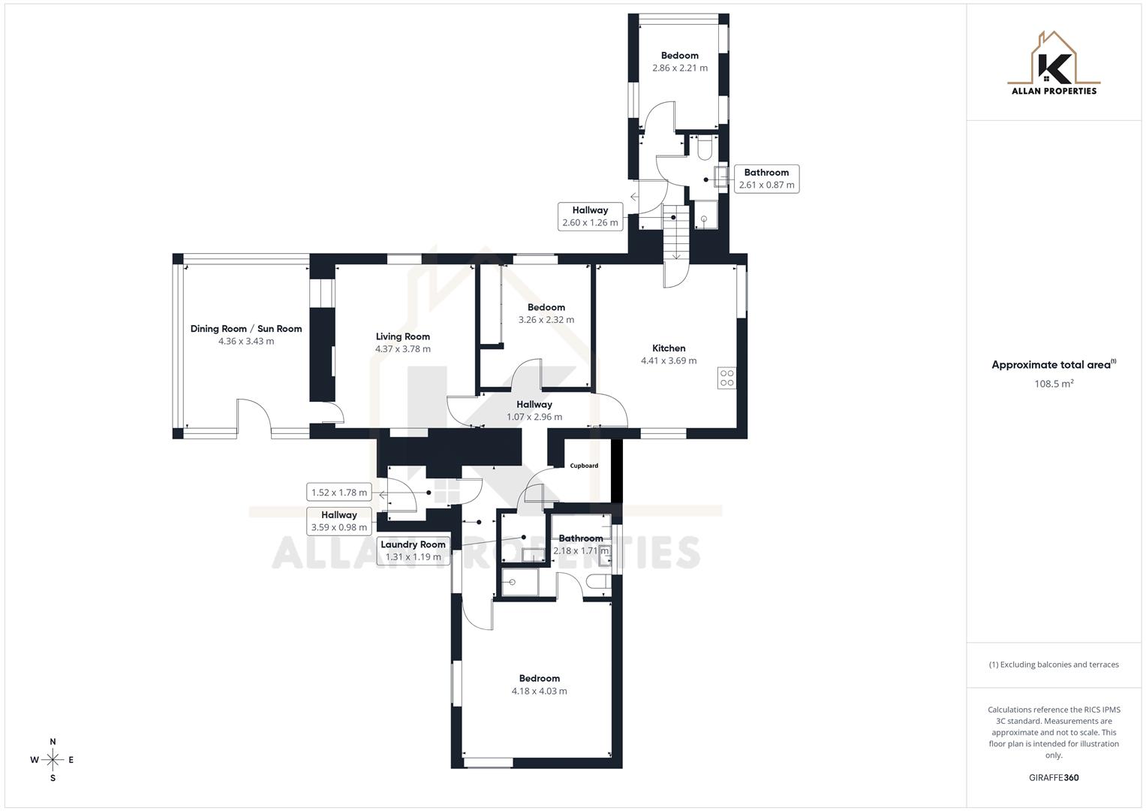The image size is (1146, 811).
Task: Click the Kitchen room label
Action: coord(668,348)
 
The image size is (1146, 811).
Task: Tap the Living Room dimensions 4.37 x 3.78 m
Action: coord(403,349)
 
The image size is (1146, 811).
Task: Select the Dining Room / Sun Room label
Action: coord(246,329)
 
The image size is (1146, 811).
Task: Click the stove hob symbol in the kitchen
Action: coord(726,378)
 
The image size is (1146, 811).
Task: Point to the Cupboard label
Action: coord(584,466)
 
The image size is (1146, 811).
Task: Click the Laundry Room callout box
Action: coord(413,550)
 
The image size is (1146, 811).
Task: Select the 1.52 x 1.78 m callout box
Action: coord(339,493)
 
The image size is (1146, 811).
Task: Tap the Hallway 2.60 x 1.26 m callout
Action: coord(590,216)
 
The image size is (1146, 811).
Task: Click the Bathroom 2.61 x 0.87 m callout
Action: coord(766,179)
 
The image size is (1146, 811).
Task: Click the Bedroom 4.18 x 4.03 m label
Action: coord(539,679)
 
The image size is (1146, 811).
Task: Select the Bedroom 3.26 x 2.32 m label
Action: coord(546,307)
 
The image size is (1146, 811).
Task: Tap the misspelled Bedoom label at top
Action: coord(679,56)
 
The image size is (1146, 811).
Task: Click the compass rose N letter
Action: coord(53,742)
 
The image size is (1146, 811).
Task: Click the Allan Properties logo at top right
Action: coord(1054,64)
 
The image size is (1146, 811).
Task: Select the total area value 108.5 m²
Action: coord(1054,384)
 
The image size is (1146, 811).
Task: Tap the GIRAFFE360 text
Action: coord(1054,778)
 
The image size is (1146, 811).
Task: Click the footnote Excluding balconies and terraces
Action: coord(1054,665)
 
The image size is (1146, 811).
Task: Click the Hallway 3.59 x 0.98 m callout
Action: coord(339,520)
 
